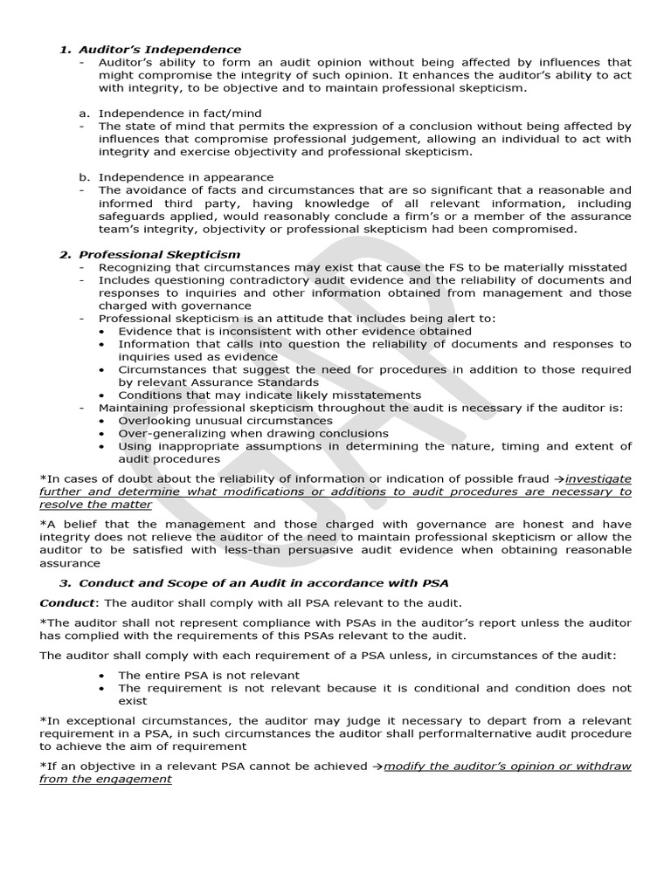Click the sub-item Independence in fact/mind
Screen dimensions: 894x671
(x=179, y=113)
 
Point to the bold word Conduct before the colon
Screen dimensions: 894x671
(x=66, y=602)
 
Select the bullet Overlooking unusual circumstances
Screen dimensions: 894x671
(x=225, y=420)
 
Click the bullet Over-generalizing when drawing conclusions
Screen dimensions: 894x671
(x=253, y=433)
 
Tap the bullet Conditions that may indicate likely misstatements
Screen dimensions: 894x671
(x=269, y=395)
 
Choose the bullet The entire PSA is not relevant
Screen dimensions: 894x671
(x=209, y=675)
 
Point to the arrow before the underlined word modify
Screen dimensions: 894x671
(x=377, y=767)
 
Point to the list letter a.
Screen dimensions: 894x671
(x=83, y=113)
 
